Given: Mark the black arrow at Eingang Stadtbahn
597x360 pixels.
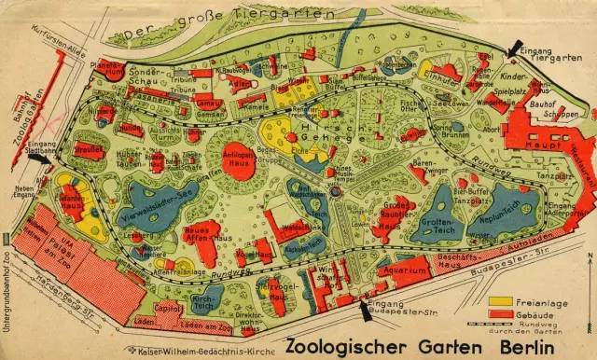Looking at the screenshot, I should point(38,159).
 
